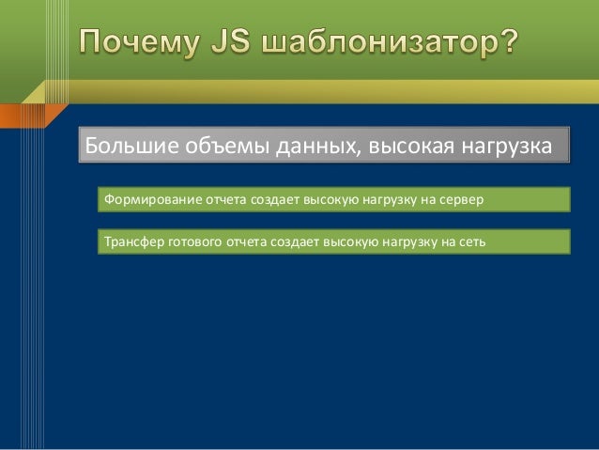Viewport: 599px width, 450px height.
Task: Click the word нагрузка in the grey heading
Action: coord(507,147)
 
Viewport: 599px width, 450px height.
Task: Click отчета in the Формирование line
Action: coord(223,200)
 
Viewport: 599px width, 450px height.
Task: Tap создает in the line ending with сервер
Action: coord(271,200)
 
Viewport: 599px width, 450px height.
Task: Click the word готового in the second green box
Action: coord(194,242)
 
